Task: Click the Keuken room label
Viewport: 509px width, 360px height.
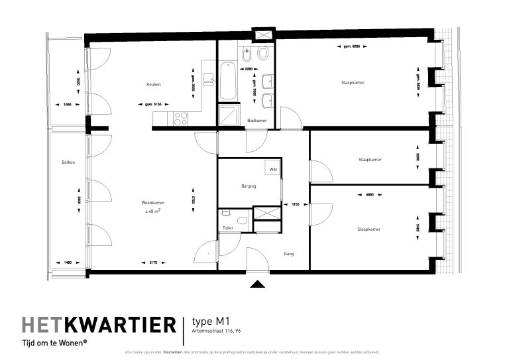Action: (x=154, y=84)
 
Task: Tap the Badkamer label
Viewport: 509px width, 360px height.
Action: (x=256, y=120)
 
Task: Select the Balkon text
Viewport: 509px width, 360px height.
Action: (x=68, y=162)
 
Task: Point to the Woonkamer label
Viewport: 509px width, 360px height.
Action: (x=152, y=203)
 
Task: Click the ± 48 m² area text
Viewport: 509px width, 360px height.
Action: (x=153, y=211)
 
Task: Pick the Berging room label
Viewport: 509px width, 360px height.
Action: (x=249, y=186)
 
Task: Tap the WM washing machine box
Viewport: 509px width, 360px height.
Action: (x=272, y=169)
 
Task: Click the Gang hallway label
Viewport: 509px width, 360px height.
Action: (x=289, y=253)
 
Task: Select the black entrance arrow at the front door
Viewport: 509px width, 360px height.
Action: (x=257, y=284)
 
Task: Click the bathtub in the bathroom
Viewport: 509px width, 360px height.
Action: (x=227, y=81)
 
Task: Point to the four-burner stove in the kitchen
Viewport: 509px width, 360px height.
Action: (x=180, y=119)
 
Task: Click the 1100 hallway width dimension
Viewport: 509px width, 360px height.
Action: (x=296, y=205)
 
